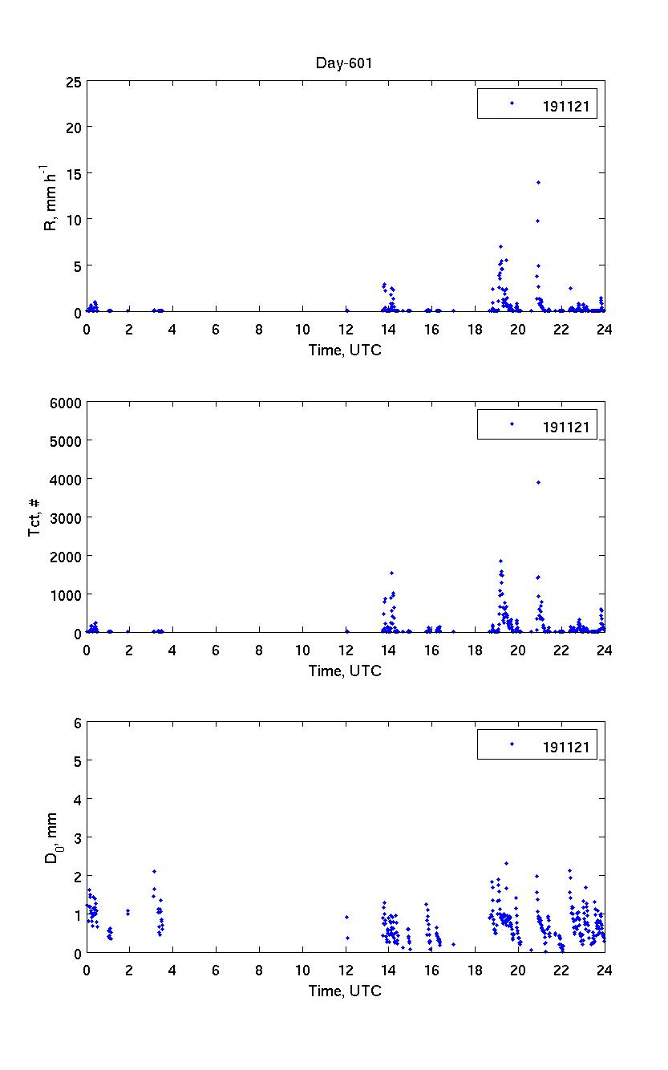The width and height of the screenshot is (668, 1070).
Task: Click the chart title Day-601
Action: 345,63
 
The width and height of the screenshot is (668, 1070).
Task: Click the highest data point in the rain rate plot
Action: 538,183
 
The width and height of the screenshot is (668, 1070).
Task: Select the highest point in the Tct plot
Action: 538,482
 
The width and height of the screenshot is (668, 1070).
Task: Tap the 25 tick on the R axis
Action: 74,81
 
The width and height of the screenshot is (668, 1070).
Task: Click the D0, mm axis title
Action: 51,838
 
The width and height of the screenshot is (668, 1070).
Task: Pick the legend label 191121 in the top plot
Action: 565,104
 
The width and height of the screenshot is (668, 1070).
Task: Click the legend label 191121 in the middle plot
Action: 565,426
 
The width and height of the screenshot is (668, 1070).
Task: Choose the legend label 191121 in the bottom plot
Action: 565,747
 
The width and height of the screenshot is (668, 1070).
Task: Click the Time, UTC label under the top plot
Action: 345,350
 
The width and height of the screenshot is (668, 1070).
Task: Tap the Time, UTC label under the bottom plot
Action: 345,991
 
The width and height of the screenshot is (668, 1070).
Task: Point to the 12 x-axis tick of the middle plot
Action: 345,649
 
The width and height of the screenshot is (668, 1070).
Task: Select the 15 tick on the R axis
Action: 74,173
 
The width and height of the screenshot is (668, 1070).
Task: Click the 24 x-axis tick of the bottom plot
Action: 604,970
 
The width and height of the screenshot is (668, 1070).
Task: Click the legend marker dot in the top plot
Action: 512,103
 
